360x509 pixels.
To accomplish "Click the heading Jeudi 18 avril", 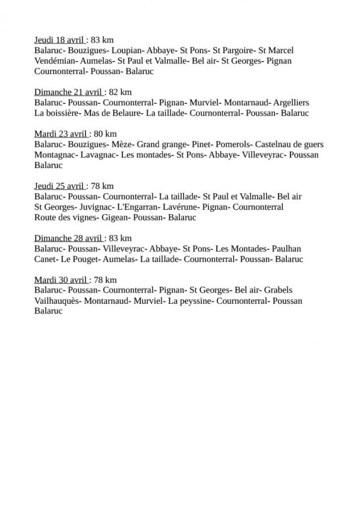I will (59, 40).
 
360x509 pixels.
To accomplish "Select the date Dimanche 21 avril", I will (68, 92).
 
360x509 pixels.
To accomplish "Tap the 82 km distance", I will (120, 92).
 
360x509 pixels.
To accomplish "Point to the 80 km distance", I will (105, 134).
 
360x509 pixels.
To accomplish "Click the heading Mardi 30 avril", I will (61, 280).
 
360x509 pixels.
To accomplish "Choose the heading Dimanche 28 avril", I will (68, 238).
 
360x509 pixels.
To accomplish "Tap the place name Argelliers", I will (291, 103).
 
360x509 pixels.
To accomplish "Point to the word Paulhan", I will (286, 249).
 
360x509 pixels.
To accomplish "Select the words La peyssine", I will (190, 301).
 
